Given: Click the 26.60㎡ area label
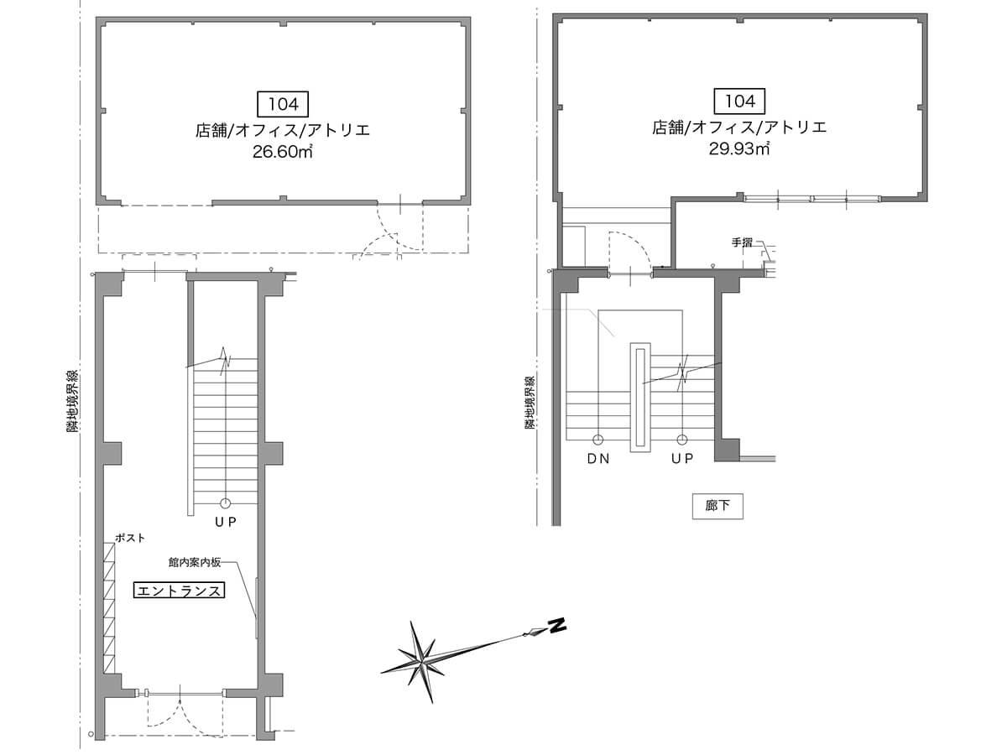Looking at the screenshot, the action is coord(283,151).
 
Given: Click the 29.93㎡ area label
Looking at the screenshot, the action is coord(739,148).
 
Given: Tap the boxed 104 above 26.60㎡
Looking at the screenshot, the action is coord(283,104).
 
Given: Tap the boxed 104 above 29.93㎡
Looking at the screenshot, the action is coord(739,101).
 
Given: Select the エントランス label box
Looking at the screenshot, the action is coord(179,591).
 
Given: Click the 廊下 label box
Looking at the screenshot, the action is coord(717,506).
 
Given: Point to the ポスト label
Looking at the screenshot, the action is coord(130,539).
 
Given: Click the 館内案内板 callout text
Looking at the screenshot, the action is coord(195,562).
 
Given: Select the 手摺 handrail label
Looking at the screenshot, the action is coord(742,242).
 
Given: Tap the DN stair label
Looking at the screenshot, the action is coord(598,458).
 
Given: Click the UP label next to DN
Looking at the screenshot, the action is coord(682,458).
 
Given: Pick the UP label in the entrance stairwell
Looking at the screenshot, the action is coord(225,522).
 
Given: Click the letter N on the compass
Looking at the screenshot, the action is coord(558,625).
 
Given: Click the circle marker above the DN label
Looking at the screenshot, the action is coord(597,440).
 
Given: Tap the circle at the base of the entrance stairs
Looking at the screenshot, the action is coord(225,504).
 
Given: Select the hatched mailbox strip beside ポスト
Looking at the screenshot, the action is coord(109,608).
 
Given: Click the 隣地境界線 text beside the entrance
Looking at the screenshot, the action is coord(72,402).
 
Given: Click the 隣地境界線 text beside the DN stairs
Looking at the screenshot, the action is coord(530,403).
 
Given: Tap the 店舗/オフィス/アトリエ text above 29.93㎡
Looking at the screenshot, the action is coord(739,127).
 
